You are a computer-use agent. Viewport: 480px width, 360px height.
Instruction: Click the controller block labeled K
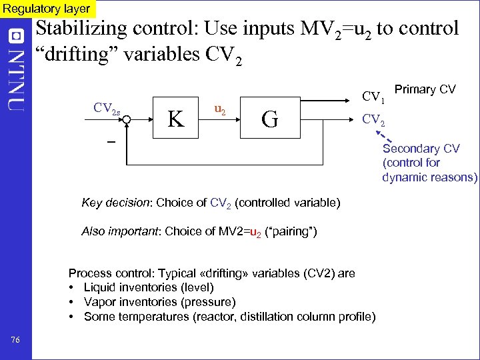click(x=176, y=119)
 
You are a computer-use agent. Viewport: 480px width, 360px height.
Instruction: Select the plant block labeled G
click(x=270, y=119)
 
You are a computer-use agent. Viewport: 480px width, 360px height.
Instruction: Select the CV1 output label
click(x=373, y=97)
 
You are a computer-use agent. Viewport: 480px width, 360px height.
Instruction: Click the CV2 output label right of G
click(x=373, y=121)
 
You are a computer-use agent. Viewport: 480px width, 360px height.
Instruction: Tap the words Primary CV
click(x=425, y=89)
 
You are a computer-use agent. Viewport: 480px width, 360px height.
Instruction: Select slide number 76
click(x=16, y=341)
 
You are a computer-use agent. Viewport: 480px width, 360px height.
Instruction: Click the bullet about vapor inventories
click(x=155, y=302)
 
